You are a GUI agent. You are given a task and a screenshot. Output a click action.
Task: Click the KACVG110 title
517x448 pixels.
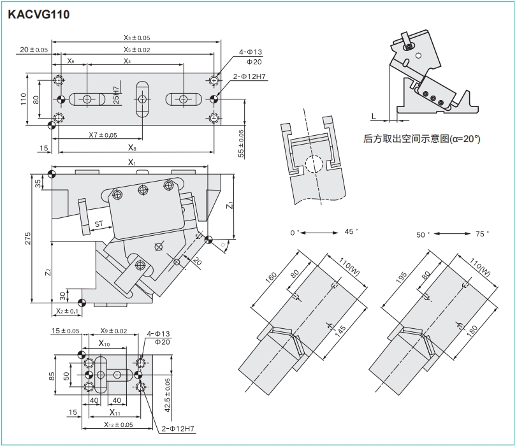click(x=39, y=15)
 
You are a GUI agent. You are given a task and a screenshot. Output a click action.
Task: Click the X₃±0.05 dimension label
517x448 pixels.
click(x=137, y=38)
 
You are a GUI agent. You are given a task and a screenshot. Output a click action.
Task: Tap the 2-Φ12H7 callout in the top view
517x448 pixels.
click(x=249, y=76)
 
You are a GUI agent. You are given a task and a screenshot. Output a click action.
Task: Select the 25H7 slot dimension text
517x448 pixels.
click(x=116, y=95)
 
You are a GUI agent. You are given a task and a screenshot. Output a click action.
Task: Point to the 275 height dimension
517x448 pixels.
click(x=27, y=238)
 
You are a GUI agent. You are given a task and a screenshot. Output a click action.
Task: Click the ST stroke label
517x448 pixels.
click(x=99, y=224)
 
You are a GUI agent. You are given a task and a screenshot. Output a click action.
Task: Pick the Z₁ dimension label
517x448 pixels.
click(x=229, y=205)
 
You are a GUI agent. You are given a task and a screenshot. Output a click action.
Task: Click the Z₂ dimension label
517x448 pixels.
click(x=48, y=272)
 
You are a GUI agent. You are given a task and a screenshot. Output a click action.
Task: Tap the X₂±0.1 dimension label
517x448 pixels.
click(x=68, y=311)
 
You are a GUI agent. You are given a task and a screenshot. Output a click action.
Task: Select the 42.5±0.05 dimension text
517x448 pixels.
click(x=168, y=395)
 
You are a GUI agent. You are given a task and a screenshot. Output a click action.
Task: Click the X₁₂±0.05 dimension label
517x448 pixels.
click(x=119, y=424)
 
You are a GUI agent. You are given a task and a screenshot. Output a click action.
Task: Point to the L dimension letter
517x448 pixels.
click(x=374, y=116)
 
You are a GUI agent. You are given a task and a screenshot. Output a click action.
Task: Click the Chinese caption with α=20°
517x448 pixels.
click(x=422, y=139)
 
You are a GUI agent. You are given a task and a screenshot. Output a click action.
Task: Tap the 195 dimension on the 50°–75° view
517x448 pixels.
click(x=400, y=277)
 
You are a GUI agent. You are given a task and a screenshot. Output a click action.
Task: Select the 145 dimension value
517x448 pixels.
click(x=340, y=331)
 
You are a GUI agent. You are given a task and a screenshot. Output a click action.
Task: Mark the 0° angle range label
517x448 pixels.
click(x=295, y=233)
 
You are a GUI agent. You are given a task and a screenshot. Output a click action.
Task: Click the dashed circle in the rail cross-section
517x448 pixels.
click(x=314, y=164)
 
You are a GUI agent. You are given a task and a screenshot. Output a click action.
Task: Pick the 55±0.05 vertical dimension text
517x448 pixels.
click(x=241, y=143)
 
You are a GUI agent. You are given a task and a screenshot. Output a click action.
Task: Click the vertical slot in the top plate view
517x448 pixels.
click(x=143, y=99)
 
